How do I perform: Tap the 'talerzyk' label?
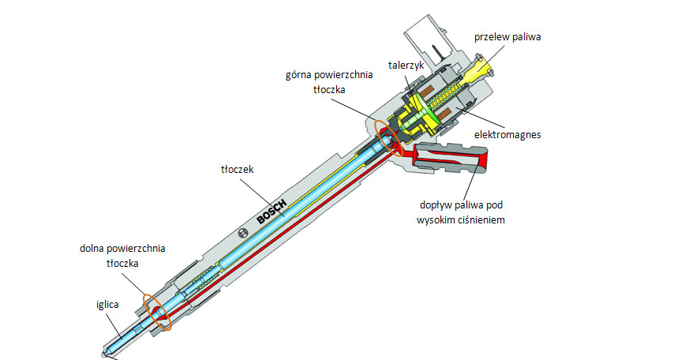coord(406,62)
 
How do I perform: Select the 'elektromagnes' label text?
coord(507,135)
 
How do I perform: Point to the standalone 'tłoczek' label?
coord(238,168)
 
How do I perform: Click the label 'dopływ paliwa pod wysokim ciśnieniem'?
coord(461,212)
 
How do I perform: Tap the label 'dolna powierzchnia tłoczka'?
coord(122,255)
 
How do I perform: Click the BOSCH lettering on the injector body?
coord(271,209)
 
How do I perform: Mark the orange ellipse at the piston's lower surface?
coord(156,312)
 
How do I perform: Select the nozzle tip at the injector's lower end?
coord(107,352)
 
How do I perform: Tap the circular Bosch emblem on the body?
coord(244,234)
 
